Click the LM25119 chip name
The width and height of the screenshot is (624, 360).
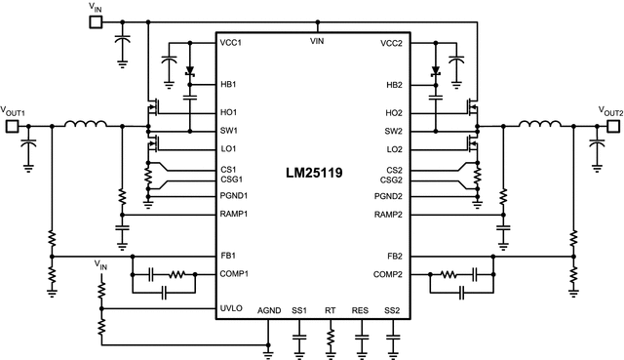[315, 178]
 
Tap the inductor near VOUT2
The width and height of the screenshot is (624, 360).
[537, 124]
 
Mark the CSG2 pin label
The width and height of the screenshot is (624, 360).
[390, 180]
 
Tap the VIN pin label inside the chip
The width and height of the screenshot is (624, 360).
[315, 42]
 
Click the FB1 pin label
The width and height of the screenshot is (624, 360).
[231, 255]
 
